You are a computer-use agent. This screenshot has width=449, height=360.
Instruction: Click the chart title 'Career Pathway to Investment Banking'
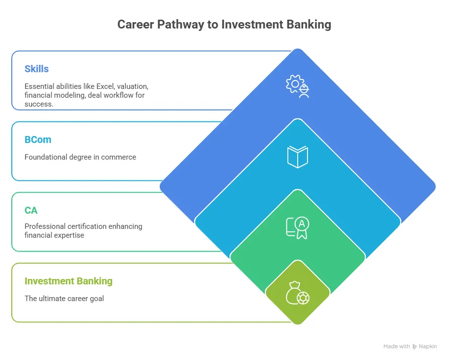coord(224,25)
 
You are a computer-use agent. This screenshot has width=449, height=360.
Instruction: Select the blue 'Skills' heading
coord(37,69)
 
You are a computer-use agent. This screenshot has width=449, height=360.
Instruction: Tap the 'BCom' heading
coord(38,139)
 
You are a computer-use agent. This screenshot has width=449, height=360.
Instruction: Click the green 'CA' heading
coord(31,210)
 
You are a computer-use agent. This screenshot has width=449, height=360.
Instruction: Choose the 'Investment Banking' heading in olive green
coord(68,281)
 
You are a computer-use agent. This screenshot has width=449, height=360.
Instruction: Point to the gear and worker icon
coord(298,86)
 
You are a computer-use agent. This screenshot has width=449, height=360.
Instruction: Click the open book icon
coord(298,157)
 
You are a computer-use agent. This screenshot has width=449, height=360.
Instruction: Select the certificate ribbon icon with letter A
coord(298,227)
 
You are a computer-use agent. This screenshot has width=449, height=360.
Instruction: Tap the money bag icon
coord(298,293)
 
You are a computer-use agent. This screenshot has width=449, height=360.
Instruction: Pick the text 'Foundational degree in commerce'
coord(80,157)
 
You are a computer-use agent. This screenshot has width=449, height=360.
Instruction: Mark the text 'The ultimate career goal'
coord(64,299)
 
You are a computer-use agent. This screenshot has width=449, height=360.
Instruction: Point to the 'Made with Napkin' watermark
coord(410,346)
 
